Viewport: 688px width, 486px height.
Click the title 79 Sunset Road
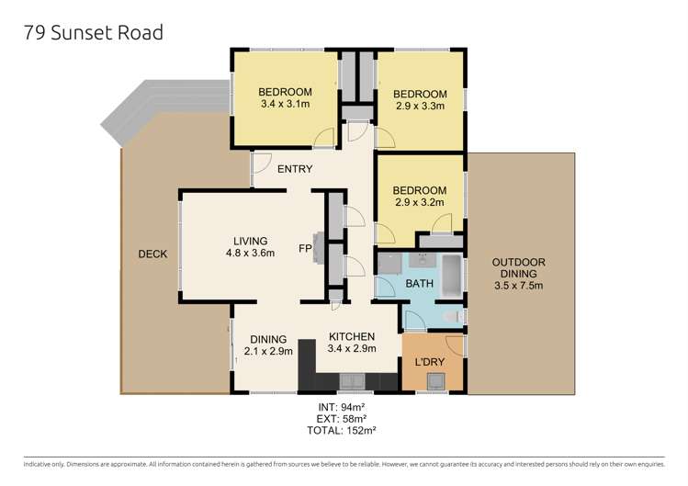point(94,33)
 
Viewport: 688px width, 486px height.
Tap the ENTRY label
point(295,169)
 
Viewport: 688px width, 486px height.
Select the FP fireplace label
point(305,248)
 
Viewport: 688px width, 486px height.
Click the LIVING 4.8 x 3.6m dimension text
point(250,253)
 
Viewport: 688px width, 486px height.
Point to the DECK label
point(152,254)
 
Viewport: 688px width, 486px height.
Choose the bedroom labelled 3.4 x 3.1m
point(285,98)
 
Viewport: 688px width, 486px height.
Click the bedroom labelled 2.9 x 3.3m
point(420,99)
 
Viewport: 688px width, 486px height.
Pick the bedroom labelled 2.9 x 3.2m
point(420,197)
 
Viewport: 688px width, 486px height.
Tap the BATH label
point(420,284)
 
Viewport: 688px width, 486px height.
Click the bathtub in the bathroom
point(452,277)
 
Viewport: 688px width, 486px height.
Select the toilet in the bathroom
point(452,316)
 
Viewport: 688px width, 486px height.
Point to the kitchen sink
point(352,381)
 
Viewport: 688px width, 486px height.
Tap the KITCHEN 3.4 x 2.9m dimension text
point(352,348)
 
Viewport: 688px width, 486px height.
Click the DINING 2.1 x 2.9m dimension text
point(268,351)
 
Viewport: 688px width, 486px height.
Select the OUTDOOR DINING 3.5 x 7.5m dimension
point(519,286)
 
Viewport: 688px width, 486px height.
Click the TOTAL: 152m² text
point(342,430)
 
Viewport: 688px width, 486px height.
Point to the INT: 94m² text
point(342,407)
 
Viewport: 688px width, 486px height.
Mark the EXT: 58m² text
point(342,418)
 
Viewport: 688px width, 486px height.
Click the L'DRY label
point(430,362)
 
